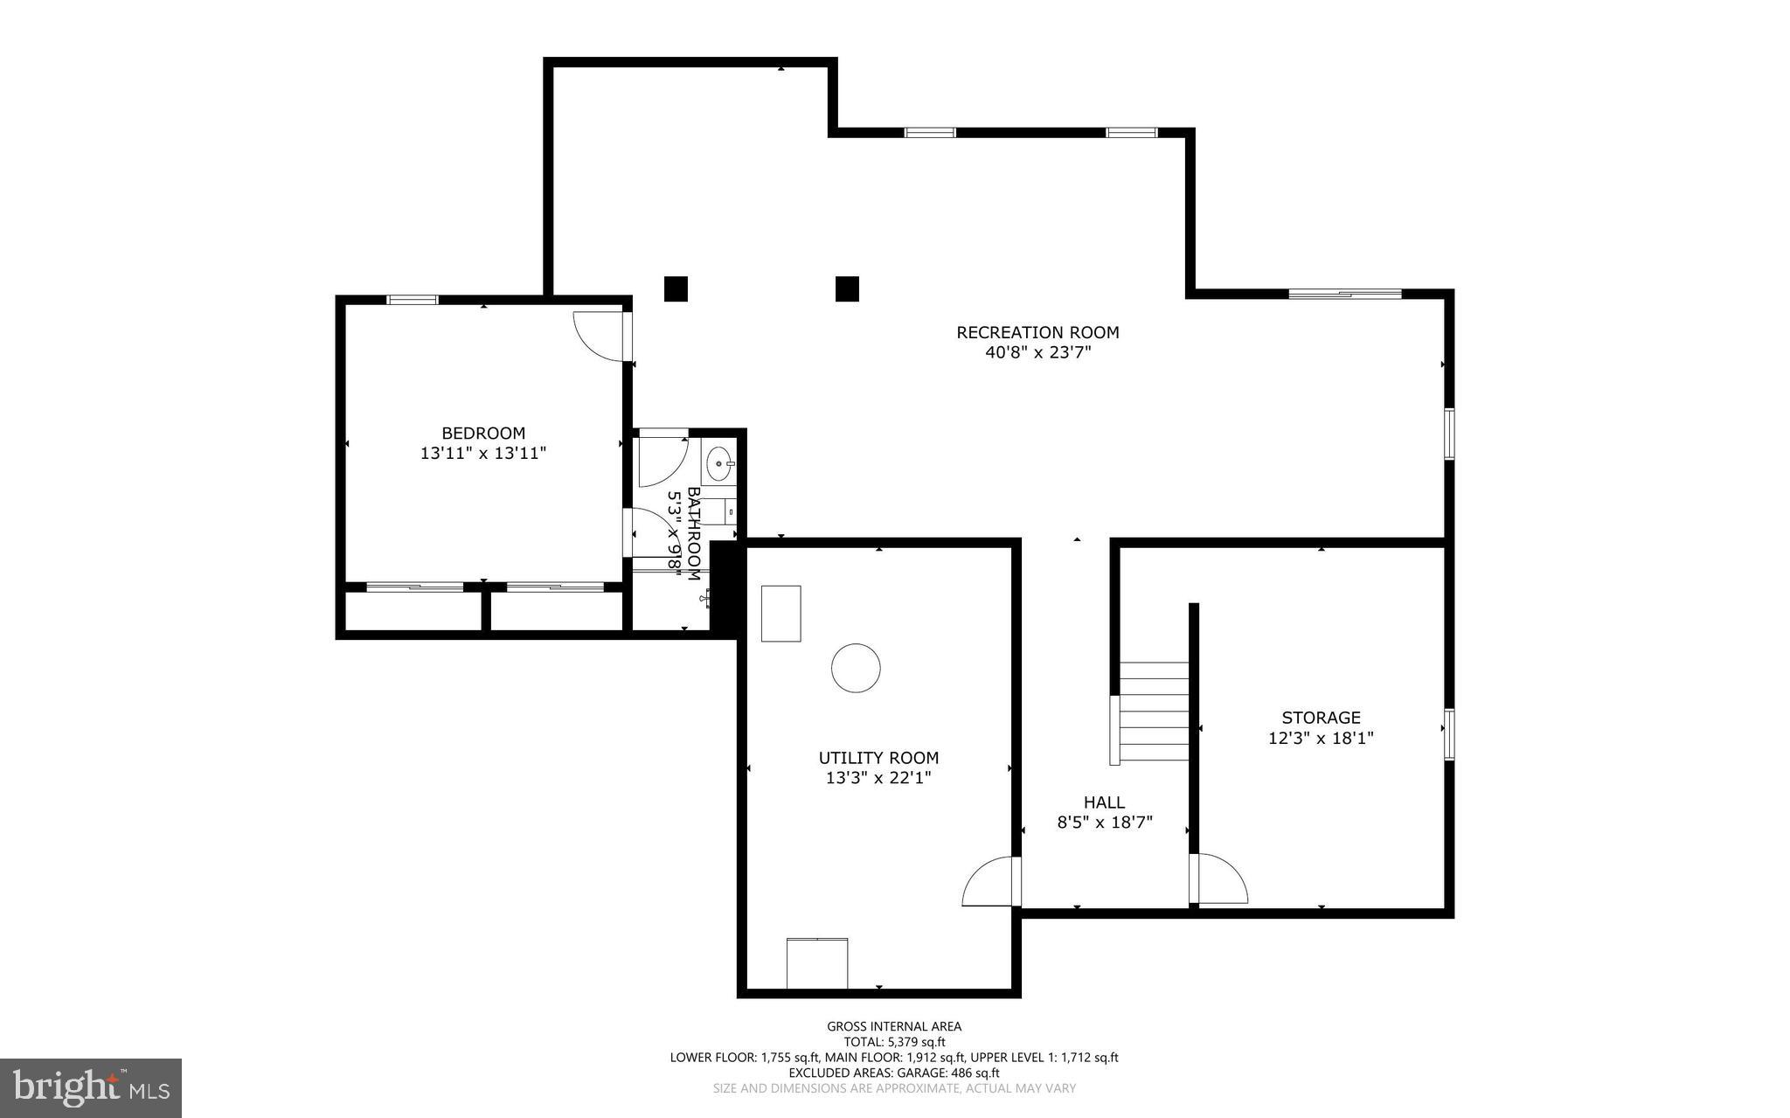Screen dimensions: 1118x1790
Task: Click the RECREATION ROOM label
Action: (x=1037, y=332)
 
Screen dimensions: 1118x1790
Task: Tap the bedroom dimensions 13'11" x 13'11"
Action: (x=482, y=453)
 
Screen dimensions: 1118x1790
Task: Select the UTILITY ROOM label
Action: (x=878, y=758)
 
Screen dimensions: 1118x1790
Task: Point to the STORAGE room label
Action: (x=1321, y=718)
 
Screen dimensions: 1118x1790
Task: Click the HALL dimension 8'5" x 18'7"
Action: (x=1105, y=823)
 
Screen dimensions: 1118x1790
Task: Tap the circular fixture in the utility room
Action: (x=856, y=668)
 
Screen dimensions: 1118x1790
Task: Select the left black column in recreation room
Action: (x=676, y=288)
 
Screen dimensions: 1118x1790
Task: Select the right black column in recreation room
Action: (x=847, y=288)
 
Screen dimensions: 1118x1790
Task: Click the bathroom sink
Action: (x=719, y=463)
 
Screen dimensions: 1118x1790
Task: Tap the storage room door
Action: (x=1219, y=878)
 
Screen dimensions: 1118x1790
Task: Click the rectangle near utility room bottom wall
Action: (x=817, y=962)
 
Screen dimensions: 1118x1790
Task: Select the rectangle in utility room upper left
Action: (x=781, y=614)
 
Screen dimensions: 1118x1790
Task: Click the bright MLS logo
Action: (x=91, y=1087)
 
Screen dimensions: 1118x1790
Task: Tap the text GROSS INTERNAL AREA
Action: (x=894, y=1026)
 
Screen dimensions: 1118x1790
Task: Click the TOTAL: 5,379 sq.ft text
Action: (x=894, y=1042)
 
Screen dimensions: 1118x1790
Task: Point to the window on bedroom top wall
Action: (x=413, y=300)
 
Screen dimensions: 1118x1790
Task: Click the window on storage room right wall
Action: (x=1448, y=734)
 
